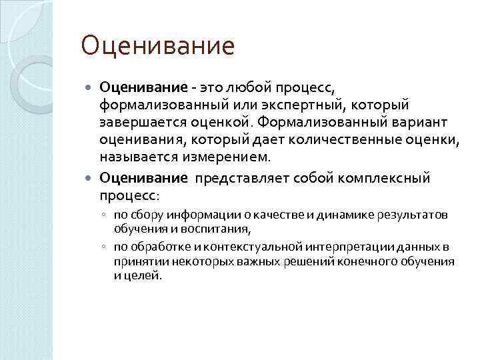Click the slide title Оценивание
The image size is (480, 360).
(157, 46)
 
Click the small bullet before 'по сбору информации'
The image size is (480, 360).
(105, 215)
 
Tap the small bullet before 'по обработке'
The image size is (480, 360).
(105, 246)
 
